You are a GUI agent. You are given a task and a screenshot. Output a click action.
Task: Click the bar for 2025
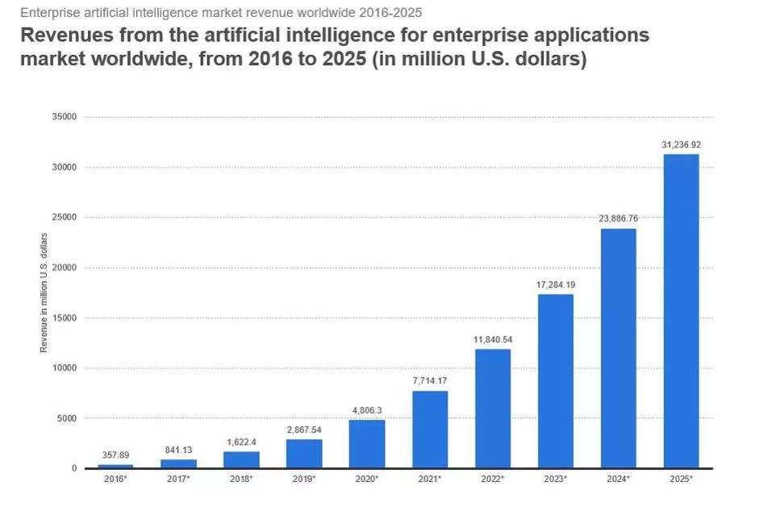tap(681, 311)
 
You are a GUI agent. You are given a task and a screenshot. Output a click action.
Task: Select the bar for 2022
tap(492, 408)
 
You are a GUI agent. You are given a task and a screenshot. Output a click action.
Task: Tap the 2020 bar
tap(367, 444)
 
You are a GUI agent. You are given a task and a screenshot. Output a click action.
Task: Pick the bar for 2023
tap(555, 381)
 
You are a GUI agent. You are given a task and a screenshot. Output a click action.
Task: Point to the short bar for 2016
tap(115, 466)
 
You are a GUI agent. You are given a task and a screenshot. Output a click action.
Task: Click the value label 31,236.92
tap(681, 145)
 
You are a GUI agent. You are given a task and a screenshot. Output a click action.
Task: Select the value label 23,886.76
tap(618, 219)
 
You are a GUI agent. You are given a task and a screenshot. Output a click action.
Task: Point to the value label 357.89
tap(115, 454)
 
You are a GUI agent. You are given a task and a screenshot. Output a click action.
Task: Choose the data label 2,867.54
tap(304, 429)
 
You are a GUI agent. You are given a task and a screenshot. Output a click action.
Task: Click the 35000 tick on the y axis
tap(65, 117)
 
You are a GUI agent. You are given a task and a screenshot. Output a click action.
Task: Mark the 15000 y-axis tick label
tap(65, 318)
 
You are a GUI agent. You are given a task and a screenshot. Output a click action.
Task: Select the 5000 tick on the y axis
tap(67, 418)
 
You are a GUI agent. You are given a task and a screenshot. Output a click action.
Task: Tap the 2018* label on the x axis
tap(241, 480)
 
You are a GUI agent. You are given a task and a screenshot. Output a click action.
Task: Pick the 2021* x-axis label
tap(430, 480)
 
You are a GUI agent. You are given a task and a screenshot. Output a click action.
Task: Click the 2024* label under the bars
tap(618, 480)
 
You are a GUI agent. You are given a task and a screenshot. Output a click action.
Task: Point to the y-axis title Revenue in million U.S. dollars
tap(44, 291)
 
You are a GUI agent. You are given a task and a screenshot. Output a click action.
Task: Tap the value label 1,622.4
tap(241, 442)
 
